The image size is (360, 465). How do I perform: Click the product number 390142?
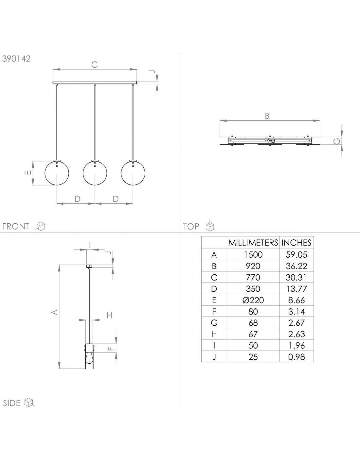coord(16,59)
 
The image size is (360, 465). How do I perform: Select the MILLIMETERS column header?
coord(253,243)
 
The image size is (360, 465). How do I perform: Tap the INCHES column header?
coord(297,243)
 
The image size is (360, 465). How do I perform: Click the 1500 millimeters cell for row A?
coord(253,255)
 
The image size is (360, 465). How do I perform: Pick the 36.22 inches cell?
coord(297,266)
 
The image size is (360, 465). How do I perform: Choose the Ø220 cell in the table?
coord(253,300)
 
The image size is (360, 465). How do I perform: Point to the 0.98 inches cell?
coord(297,357)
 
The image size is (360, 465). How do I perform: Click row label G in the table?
coord(214,323)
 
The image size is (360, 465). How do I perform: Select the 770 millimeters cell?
coord(253,278)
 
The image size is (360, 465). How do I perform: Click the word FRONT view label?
coord(15,226)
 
